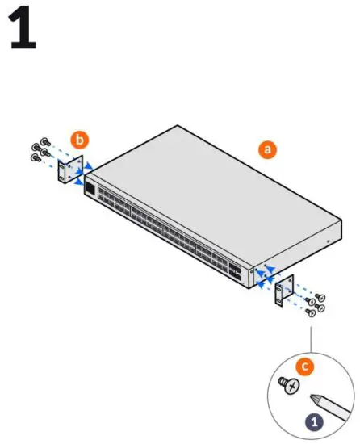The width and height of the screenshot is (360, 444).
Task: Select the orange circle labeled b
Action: pos(79,140)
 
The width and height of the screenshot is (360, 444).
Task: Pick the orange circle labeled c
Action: pos(304,366)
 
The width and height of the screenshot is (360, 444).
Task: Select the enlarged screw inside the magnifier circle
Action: pos(287,386)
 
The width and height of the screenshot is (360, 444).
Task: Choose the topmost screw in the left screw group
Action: pos(44,140)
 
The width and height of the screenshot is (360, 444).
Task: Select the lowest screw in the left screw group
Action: pos(36,158)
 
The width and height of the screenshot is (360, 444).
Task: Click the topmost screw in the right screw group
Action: pos(320,296)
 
